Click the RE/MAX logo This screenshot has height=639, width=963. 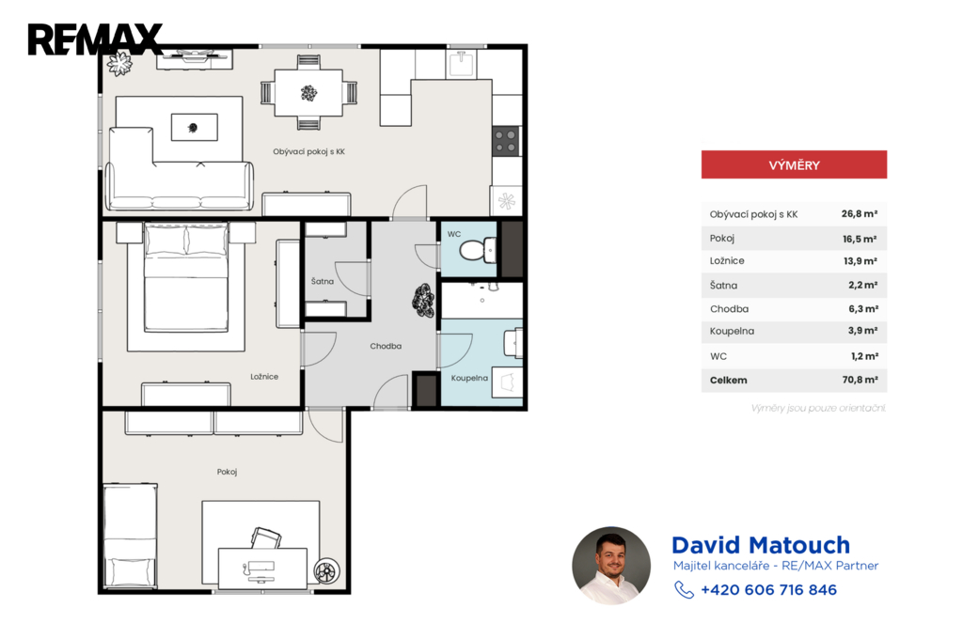tap(95, 39)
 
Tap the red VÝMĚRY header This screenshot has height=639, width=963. tap(794, 164)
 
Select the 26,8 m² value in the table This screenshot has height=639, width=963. tap(860, 213)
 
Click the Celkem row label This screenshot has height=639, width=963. tap(729, 380)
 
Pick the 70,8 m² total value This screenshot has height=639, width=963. tap(860, 380)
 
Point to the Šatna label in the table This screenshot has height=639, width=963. tap(723, 285)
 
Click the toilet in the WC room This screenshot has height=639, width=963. tap(477, 251)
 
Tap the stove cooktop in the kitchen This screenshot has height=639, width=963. tap(506, 141)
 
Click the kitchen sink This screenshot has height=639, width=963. tap(461, 63)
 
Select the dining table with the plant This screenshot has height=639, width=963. tap(308, 93)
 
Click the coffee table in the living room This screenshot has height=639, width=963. tap(194, 127)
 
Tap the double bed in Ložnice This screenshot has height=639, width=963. tap(186, 277)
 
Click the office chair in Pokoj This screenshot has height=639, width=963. tap(266, 538)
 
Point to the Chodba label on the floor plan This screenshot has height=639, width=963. tap(386, 346)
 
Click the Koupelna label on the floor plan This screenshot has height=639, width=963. tap(469, 378)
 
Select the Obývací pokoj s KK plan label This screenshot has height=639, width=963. tap(308, 151)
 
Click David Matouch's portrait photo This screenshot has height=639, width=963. tap(611, 566)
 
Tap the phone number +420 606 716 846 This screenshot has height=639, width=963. tap(769, 590)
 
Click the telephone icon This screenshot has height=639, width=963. tap(684, 590)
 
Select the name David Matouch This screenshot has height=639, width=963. tap(761, 545)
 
